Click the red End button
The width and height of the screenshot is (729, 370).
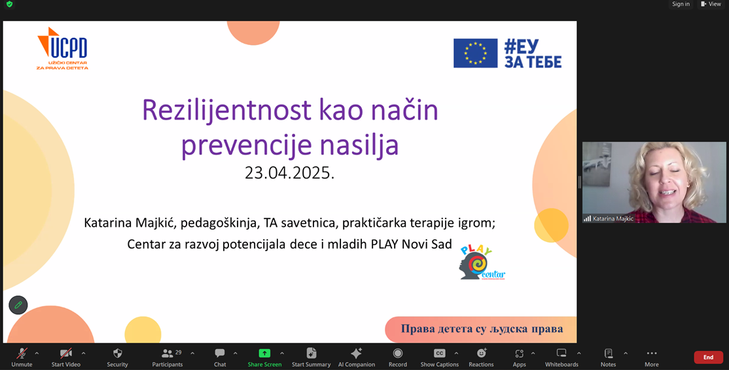pos(708,357)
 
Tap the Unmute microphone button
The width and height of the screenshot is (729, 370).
pos(22,357)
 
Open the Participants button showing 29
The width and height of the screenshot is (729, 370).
pos(168,357)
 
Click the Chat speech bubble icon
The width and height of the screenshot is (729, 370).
pos(220,353)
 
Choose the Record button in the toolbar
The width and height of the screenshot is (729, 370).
pos(397,357)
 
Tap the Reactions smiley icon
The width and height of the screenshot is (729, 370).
pos(481,353)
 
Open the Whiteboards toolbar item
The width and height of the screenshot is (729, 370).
pos(561,357)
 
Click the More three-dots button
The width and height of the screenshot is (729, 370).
pos(651,357)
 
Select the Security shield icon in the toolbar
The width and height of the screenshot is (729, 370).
pos(118,353)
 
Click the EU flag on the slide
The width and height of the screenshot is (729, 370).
pos(475,54)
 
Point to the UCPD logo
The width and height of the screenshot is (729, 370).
pos(62,48)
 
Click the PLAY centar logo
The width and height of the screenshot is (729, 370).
pos(482,263)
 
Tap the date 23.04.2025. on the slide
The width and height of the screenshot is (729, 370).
pos(290,173)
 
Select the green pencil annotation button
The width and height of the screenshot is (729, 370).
pos(18,305)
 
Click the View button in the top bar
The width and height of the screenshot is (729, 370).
pos(711,4)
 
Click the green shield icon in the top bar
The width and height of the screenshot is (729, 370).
pos(9,4)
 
